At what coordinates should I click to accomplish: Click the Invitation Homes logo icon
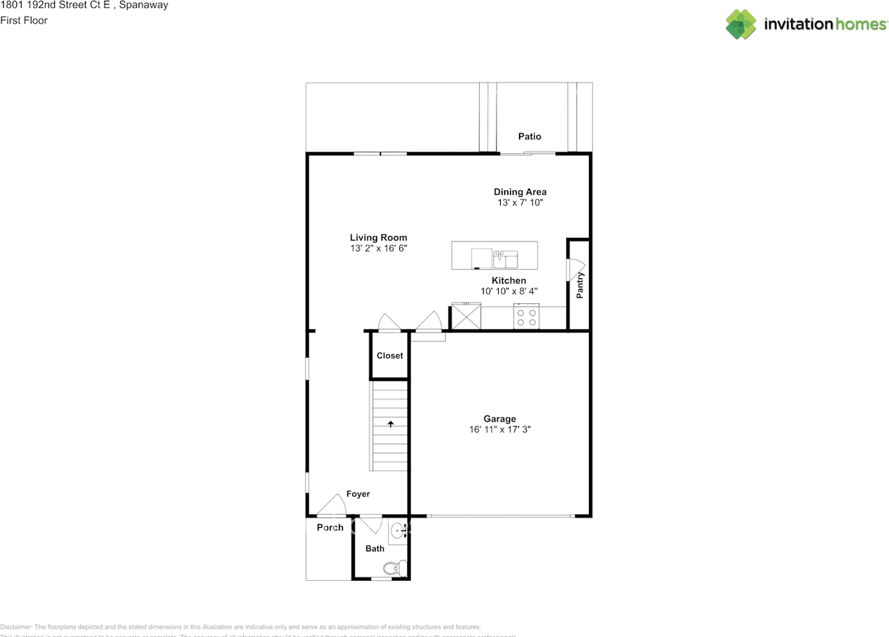[x=741, y=24]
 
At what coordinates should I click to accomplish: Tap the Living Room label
[x=378, y=237]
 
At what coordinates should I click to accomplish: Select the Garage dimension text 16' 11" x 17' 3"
[x=499, y=430]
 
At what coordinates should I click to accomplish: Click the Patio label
[x=529, y=137]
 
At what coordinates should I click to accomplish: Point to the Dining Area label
[x=520, y=192]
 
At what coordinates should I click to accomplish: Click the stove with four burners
[x=526, y=316]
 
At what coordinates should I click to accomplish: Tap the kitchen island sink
[x=506, y=260]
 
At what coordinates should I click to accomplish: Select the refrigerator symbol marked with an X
[x=465, y=317]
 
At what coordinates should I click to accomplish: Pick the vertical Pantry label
[x=580, y=285]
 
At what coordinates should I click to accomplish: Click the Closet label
[x=390, y=355]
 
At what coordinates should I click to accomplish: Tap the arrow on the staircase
[x=390, y=423]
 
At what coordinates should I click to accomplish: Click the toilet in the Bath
[x=394, y=569]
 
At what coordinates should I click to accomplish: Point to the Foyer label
[x=358, y=494]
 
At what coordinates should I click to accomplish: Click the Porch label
[x=330, y=527]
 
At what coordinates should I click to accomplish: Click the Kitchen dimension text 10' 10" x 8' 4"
[x=509, y=291]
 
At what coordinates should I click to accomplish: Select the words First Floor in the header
[x=24, y=20]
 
